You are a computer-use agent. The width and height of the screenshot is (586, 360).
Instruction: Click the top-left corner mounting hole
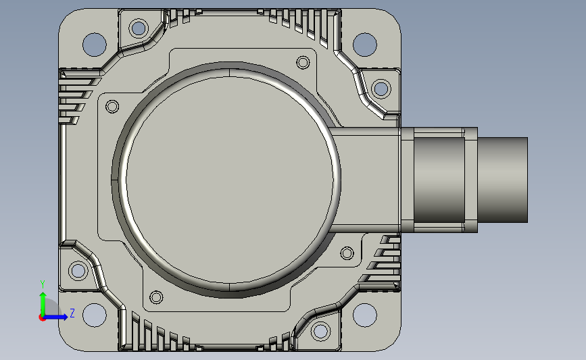click(x=95, y=45)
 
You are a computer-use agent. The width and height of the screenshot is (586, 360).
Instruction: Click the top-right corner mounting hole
click(x=365, y=45)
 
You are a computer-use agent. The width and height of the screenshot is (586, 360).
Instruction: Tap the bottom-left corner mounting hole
click(x=95, y=315)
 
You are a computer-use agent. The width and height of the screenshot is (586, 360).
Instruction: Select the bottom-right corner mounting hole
click(x=365, y=315)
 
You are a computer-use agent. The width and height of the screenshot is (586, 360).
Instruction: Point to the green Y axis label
click(x=43, y=284)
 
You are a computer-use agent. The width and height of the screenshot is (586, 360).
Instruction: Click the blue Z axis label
click(x=72, y=313)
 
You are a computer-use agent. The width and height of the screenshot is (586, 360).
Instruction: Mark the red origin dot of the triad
click(x=42, y=317)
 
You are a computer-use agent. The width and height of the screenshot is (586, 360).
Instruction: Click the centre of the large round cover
click(x=229, y=180)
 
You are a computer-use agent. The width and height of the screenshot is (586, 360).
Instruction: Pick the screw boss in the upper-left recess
click(x=139, y=28)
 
